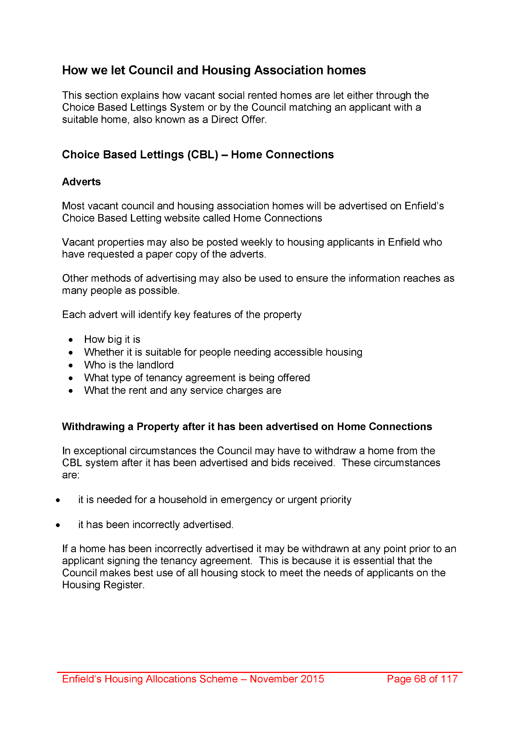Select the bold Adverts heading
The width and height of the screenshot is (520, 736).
pos(82,182)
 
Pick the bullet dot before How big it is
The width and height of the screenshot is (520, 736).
pos(71,340)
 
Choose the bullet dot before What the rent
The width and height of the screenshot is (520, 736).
pos(71,391)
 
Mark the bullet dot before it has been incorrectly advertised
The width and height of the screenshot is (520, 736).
pos(58,525)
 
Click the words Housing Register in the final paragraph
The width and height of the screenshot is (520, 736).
pos(103,585)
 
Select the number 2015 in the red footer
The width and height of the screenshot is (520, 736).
pos(312,679)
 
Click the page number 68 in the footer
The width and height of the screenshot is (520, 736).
pos(420,679)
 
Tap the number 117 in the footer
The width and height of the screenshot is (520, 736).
pos(449,679)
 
